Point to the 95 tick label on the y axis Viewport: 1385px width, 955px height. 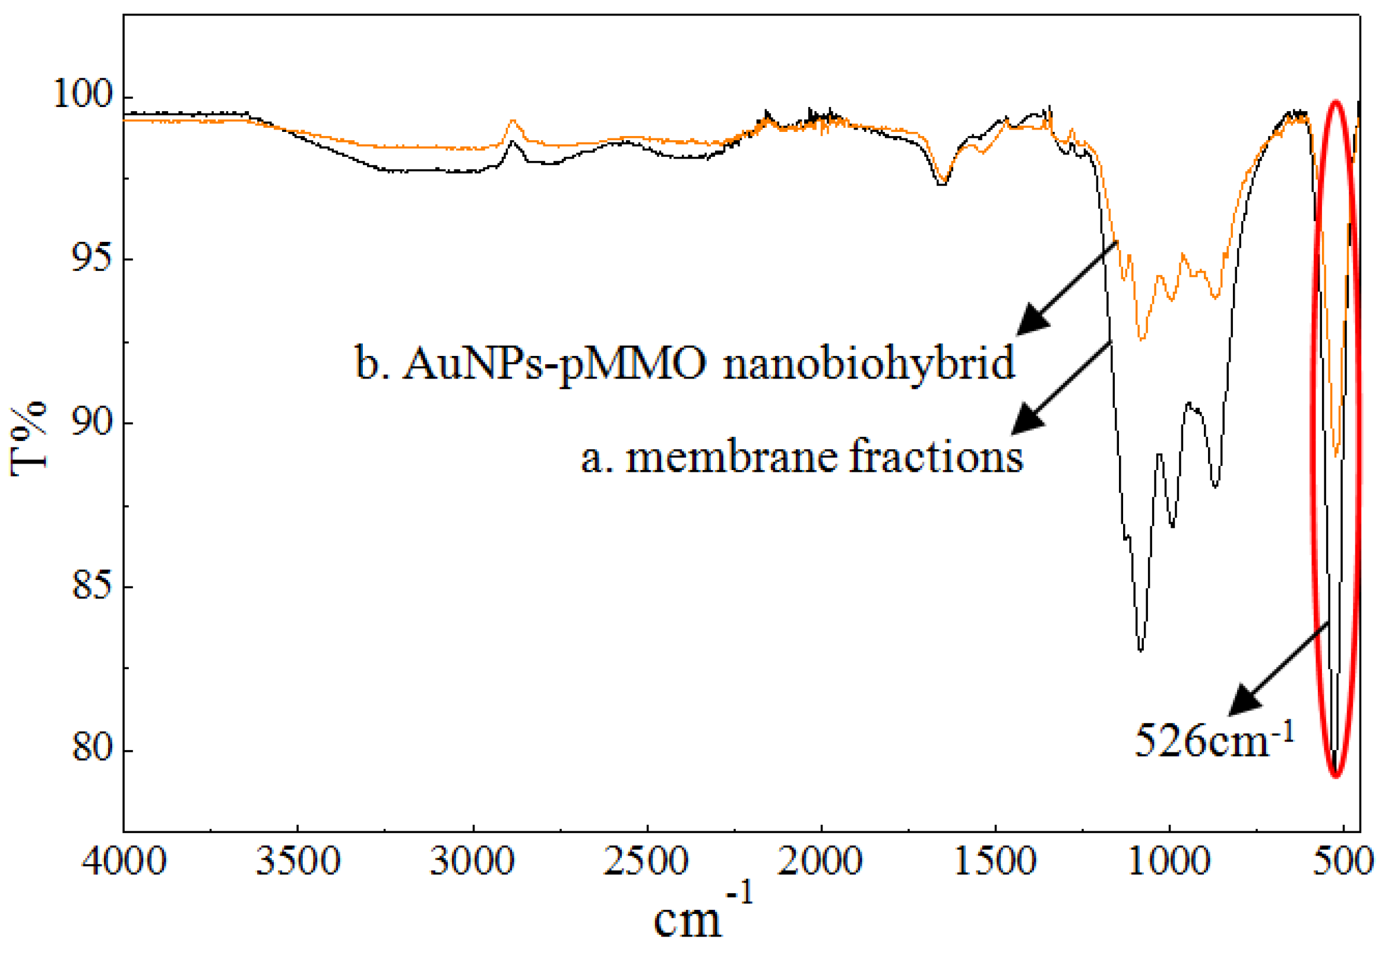pos(91,259)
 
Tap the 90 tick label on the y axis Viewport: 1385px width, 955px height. pos(91,423)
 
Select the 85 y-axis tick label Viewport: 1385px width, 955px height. pos(91,586)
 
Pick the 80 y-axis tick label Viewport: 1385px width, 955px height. pos(91,749)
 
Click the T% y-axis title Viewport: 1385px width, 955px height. pos(28,437)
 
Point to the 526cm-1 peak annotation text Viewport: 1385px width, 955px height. pos(1215,740)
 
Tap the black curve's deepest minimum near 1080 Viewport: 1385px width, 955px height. pos(1140,650)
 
